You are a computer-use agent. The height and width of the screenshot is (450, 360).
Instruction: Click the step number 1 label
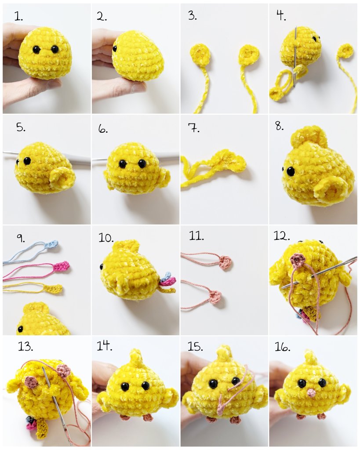[19, 17]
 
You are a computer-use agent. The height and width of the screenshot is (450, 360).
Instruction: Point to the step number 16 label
[283, 347]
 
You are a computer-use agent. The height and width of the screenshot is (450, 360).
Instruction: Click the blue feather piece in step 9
[52, 244]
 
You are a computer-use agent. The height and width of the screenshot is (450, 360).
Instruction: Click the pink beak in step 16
[311, 392]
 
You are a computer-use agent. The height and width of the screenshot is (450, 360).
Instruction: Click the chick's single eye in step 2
[115, 48]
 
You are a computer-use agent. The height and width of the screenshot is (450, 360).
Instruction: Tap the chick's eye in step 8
[291, 171]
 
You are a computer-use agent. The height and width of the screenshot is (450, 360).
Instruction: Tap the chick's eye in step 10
[102, 266]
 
